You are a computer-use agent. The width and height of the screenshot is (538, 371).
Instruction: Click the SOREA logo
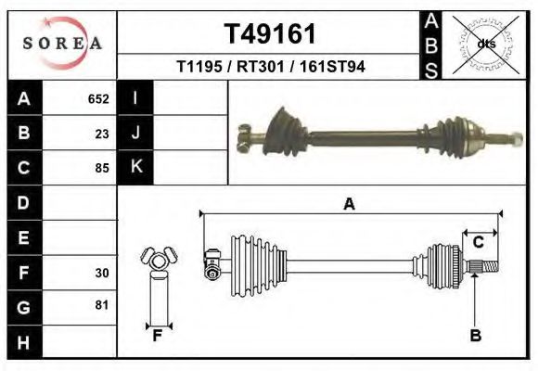62,43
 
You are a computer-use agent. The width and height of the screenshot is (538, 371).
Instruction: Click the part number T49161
270,34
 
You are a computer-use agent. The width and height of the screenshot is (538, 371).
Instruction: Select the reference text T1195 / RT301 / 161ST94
270,68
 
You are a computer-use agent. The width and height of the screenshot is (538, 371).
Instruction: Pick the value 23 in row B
102,134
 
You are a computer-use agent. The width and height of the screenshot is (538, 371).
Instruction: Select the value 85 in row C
102,168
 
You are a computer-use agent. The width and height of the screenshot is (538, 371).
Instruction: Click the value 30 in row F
102,273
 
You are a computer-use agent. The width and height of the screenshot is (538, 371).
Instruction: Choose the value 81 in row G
102,305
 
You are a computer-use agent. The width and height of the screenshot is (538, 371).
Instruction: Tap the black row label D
24,203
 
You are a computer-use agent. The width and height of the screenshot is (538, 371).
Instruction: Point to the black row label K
135,167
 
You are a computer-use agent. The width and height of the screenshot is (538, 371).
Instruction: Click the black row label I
135,98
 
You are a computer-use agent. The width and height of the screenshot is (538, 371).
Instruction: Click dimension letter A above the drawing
349,205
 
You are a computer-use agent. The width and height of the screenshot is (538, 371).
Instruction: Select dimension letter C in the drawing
478,242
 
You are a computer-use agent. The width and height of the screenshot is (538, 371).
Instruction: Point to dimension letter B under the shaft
475,336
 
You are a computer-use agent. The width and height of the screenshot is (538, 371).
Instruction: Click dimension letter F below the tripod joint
158,336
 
